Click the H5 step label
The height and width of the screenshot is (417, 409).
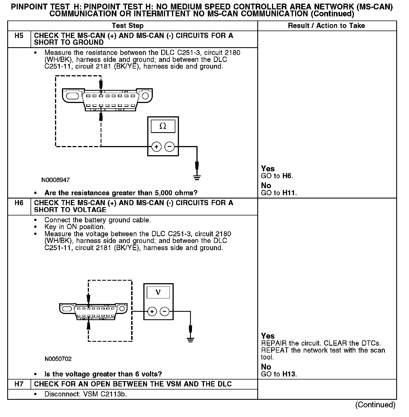click(19, 36)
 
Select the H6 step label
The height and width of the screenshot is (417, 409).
click(19, 203)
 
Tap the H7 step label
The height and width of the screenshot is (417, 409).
click(19, 384)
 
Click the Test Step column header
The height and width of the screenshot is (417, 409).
click(128, 26)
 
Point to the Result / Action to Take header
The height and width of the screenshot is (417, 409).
click(326, 26)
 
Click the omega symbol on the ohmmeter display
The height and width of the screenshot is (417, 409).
click(163, 126)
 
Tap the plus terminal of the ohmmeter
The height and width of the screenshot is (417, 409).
click(156, 147)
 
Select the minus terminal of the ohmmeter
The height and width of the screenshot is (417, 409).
click(170, 147)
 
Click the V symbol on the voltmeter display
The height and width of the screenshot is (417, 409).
click(158, 292)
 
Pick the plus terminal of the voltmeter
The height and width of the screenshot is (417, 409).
click(152, 312)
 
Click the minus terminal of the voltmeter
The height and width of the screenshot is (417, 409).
click(165, 312)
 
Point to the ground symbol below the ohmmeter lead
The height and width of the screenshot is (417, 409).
click(197, 177)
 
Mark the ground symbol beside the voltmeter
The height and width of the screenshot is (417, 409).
click(190, 340)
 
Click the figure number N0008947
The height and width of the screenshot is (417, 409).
click(56, 180)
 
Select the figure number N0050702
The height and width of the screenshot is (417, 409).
click(58, 359)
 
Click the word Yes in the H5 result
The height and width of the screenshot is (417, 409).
click(268, 169)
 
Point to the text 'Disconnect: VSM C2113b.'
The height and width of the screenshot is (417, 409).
click(86, 394)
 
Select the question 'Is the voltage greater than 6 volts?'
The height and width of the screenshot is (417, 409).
click(103, 374)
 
